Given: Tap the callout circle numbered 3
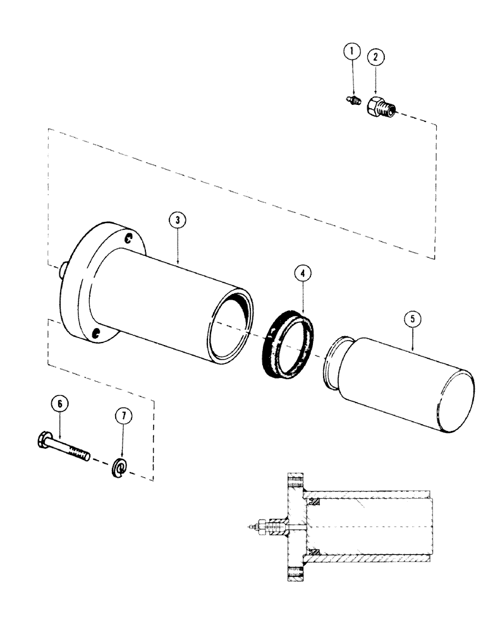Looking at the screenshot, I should pyautogui.click(x=178, y=220).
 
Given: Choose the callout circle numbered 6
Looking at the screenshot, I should pyautogui.click(x=60, y=403).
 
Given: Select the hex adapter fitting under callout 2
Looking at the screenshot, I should pyautogui.click(x=377, y=107).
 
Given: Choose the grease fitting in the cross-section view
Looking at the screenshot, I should pyautogui.click(x=256, y=525).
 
